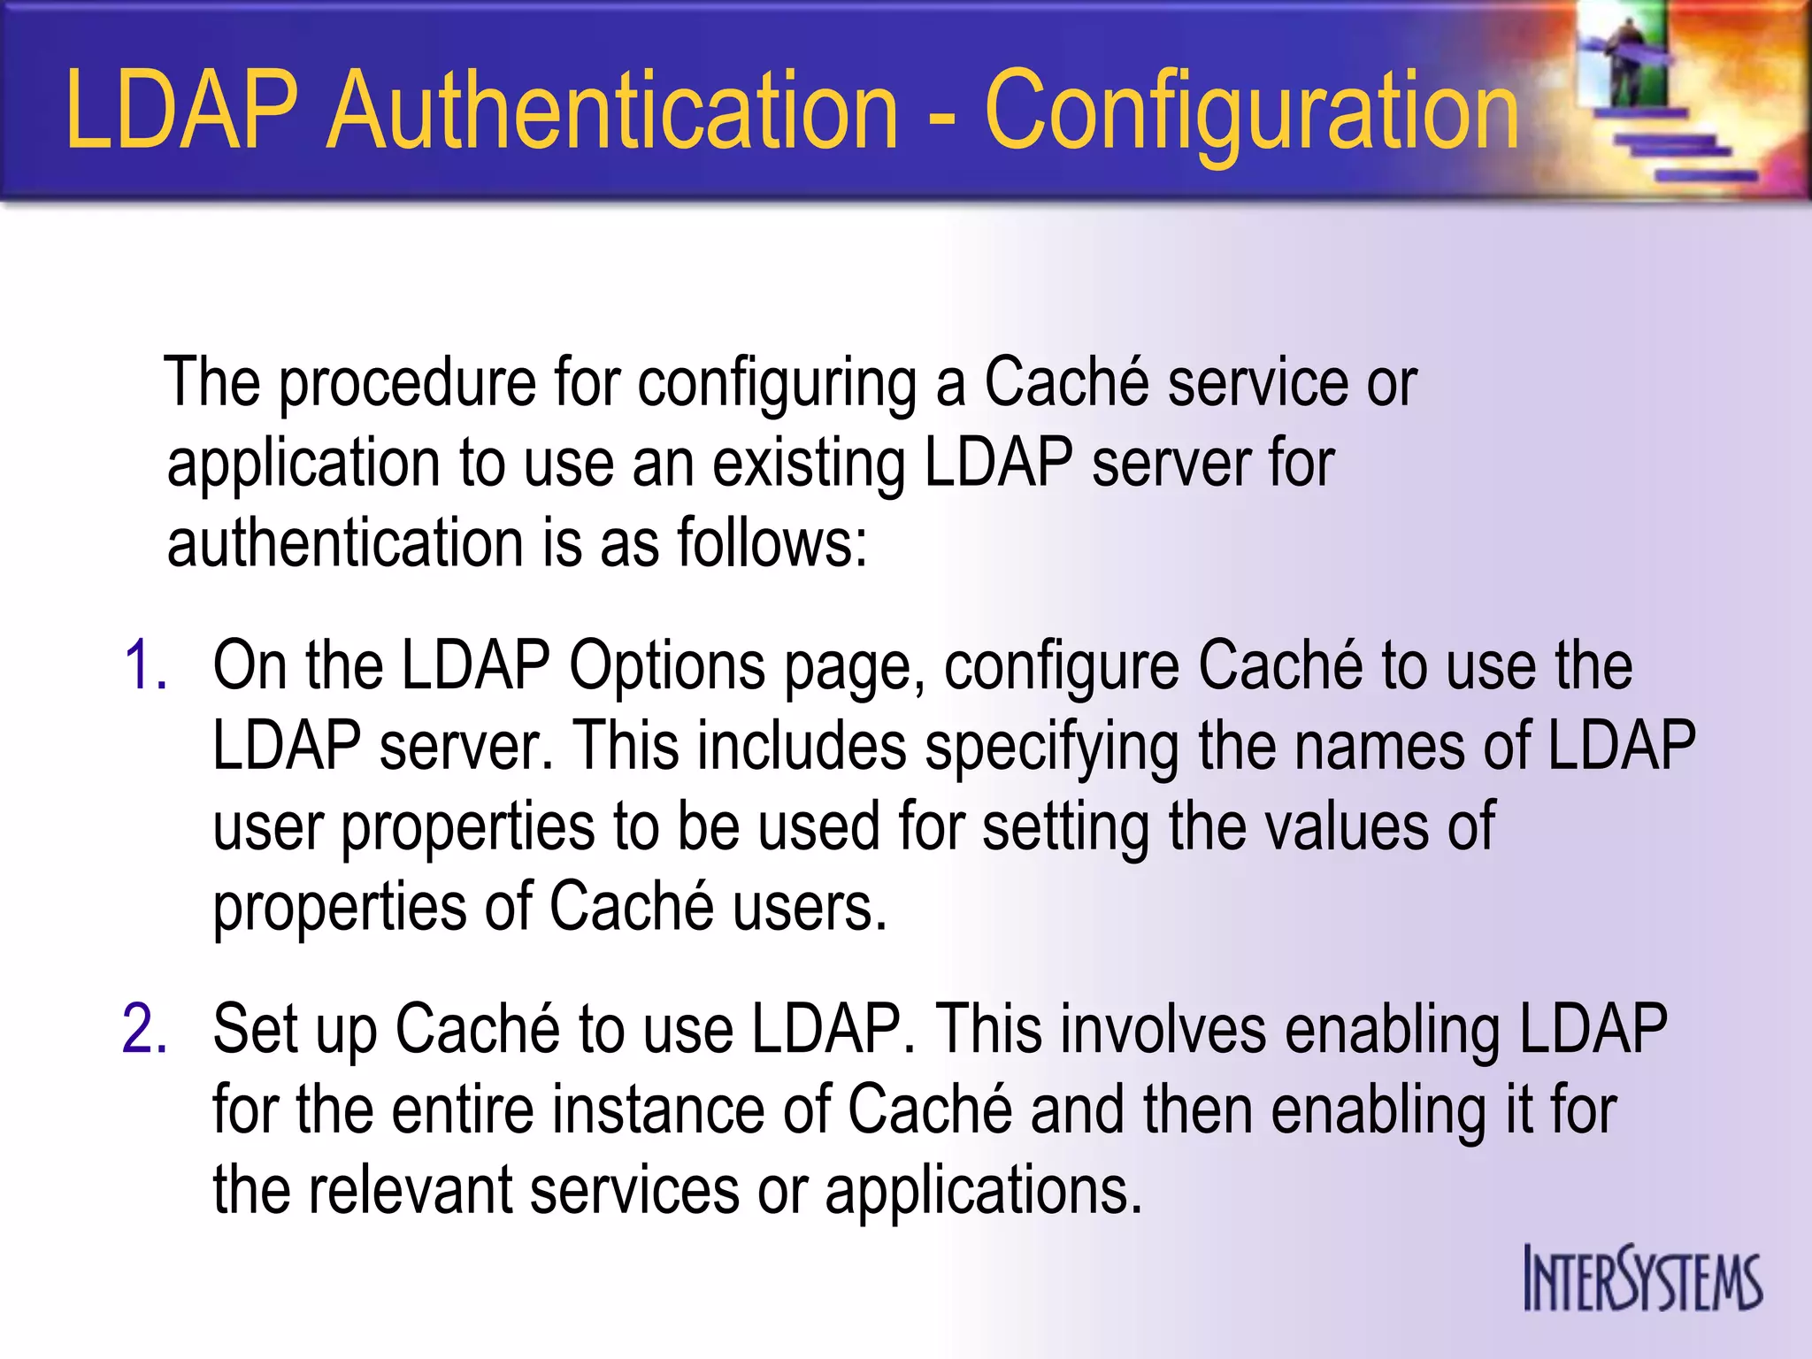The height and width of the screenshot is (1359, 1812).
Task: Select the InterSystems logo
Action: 1642,1278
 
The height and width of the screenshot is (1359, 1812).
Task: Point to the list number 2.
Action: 145,1029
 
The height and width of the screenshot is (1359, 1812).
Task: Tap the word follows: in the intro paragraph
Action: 772,542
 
